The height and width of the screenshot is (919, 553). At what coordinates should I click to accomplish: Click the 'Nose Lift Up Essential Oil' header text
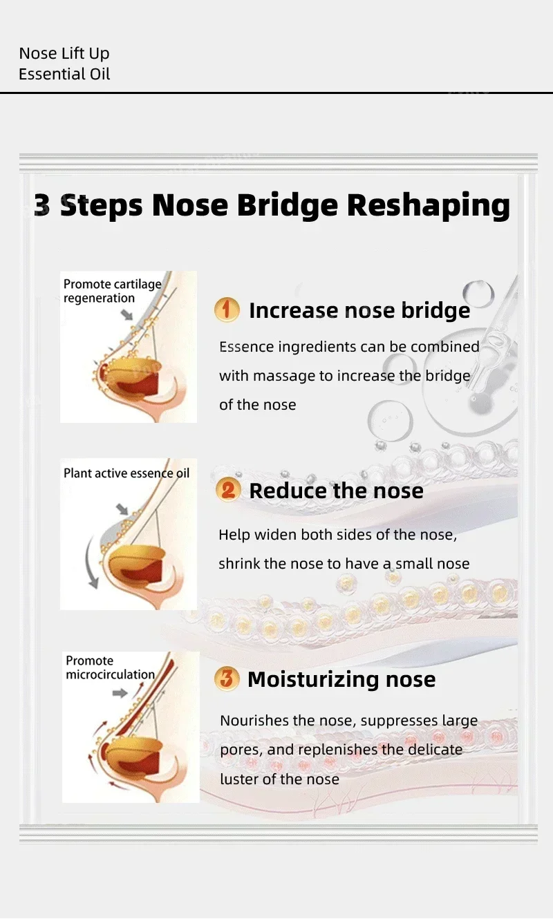(64, 64)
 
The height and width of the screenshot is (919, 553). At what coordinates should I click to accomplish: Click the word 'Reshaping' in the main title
(428, 205)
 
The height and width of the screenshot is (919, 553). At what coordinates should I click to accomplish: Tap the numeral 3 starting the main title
(42, 206)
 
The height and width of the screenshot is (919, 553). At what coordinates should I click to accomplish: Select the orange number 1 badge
(227, 310)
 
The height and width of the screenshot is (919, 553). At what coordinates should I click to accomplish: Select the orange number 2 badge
(227, 491)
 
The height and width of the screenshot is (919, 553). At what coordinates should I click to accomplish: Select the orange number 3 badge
(226, 679)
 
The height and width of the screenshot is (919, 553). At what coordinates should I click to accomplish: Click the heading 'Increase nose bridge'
(359, 310)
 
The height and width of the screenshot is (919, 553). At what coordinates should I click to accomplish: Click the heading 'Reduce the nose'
(336, 491)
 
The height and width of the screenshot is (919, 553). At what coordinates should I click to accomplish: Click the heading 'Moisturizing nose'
(341, 679)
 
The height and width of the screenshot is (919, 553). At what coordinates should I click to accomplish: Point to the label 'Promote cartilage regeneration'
(112, 291)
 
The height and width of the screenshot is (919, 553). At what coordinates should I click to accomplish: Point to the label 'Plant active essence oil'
(126, 473)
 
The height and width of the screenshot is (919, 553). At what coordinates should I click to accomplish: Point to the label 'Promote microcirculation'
(110, 667)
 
